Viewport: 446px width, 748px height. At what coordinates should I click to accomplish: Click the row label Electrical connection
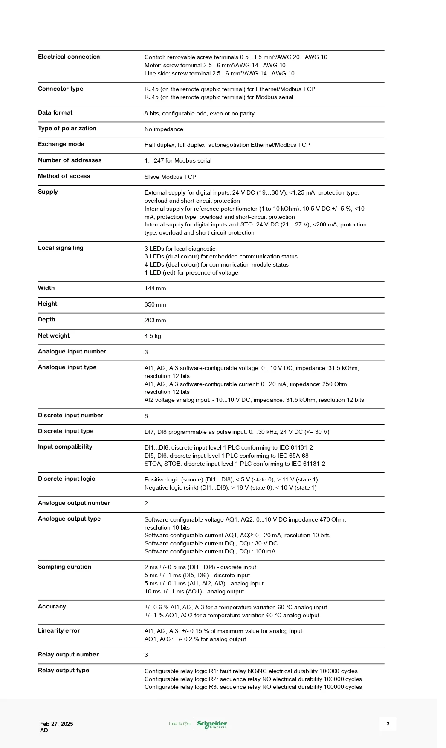(69, 57)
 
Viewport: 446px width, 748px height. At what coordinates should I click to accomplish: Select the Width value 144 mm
(155, 289)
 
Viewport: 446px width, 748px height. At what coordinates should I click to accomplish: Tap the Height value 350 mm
(155, 305)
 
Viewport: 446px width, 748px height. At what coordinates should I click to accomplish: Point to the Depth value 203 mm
(155, 321)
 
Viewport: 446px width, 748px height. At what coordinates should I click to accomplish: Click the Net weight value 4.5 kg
(153, 336)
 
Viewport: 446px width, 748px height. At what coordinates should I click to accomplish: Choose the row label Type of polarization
(67, 129)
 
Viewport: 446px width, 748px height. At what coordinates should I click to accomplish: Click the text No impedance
(164, 129)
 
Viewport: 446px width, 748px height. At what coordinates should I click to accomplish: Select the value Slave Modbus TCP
(170, 177)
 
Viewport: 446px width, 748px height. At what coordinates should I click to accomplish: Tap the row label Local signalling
(61, 248)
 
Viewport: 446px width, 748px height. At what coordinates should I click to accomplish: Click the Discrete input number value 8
(146, 416)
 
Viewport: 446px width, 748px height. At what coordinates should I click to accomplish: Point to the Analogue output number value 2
(146, 504)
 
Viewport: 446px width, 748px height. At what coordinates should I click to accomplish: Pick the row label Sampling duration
(64, 567)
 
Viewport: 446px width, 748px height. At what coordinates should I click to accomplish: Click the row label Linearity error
(59, 631)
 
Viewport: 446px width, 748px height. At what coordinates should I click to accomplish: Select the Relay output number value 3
(146, 655)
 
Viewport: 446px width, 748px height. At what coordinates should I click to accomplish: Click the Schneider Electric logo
(212, 724)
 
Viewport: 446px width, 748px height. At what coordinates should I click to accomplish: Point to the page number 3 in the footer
(388, 724)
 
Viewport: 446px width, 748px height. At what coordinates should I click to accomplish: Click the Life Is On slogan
(180, 724)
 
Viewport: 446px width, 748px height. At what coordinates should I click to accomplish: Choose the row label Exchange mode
(61, 144)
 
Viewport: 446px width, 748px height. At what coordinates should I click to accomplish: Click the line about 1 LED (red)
(191, 273)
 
